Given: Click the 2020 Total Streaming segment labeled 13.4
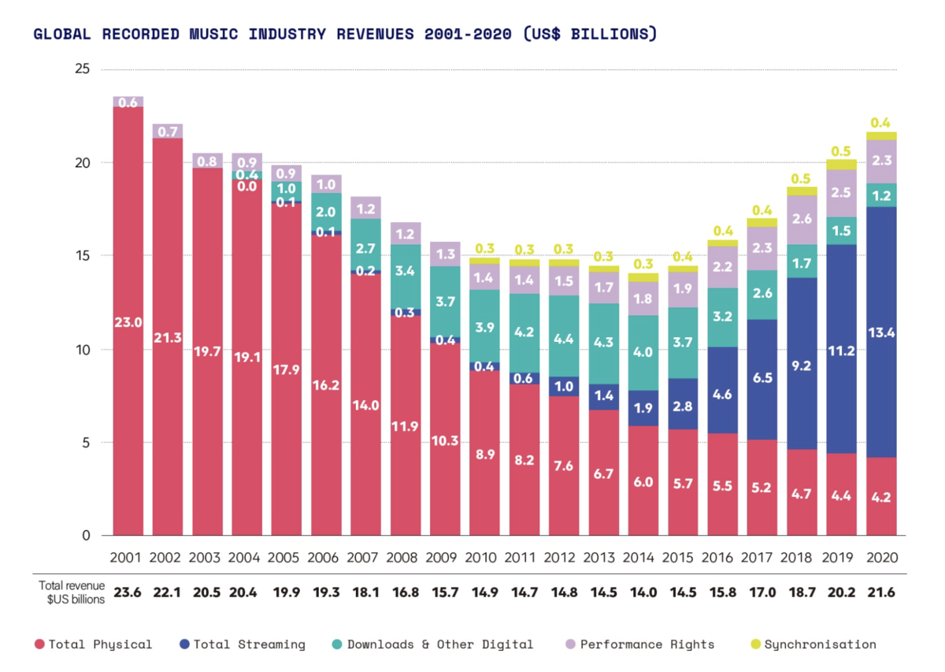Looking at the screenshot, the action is pyautogui.click(x=881, y=332).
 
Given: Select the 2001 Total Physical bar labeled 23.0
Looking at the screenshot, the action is pyautogui.click(x=128, y=321).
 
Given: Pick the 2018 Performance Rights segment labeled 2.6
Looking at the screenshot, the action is pyautogui.click(x=802, y=220).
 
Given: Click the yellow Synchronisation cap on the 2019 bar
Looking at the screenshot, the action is pyautogui.click(x=842, y=165).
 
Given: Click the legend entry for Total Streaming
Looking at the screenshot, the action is pyautogui.click(x=243, y=644).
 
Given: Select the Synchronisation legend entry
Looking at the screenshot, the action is pyautogui.click(x=813, y=644).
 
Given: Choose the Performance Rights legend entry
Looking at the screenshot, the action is pyautogui.click(x=640, y=644).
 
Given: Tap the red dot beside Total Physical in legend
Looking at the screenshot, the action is pyautogui.click(x=39, y=644).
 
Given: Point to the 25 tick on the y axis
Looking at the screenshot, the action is pyautogui.click(x=82, y=69).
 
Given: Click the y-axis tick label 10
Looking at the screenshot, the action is pyautogui.click(x=83, y=350).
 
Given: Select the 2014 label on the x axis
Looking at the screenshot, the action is pyautogui.click(x=639, y=558).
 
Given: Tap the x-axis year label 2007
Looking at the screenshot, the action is pyautogui.click(x=362, y=558).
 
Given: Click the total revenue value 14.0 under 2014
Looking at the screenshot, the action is pyautogui.click(x=643, y=592).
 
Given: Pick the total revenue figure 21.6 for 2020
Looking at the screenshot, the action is pyautogui.click(x=881, y=592).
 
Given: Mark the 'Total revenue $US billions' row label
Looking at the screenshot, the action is pyautogui.click(x=72, y=592).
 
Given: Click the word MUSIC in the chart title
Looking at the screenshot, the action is pyautogui.click(x=213, y=34).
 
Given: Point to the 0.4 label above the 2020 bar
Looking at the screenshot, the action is pyautogui.click(x=880, y=123).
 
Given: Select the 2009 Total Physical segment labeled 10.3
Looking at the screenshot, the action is pyautogui.click(x=445, y=439).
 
